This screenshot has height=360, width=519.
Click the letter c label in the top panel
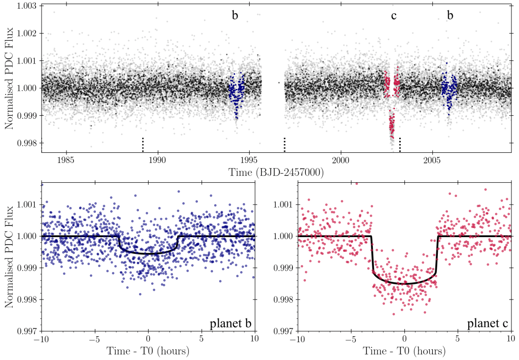pyautogui.click(x=394, y=16)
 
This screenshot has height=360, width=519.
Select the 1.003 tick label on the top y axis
pyautogui.click(x=25, y=6)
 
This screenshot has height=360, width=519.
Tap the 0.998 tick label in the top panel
pyautogui.click(x=25, y=143)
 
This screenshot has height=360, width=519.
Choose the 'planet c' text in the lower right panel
pyautogui.click(x=487, y=322)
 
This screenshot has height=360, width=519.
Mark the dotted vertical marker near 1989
pyautogui.click(x=143, y=144)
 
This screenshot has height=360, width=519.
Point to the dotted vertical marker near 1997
pyautogui.click(x=285, y=144)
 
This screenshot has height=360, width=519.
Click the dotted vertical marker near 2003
pyautogui.click(x=400, y=144)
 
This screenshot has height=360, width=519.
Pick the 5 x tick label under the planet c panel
pyautogui.click(x=458, y=340)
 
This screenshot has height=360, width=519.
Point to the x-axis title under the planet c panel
pyautogui.click(x=404, y=351)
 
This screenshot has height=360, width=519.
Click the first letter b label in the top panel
pyautogui.click(x=235, y=16)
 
